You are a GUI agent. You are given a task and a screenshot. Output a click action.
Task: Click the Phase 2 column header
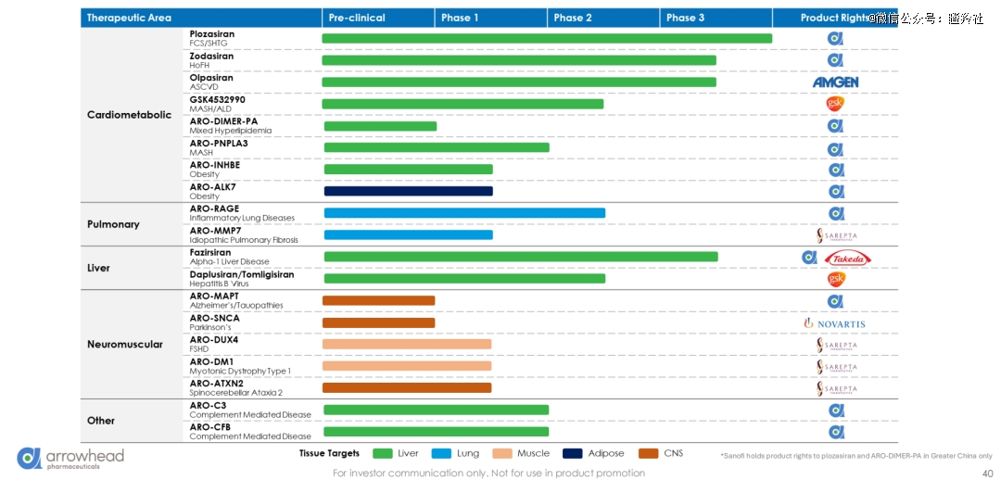click(x=573, y=18)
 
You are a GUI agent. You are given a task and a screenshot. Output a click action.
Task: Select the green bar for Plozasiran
click(x=547, y=38)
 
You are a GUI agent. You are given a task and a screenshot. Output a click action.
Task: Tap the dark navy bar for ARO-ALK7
click(x=408, y=191)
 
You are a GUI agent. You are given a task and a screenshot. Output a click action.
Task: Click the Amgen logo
click(x=835, y=82)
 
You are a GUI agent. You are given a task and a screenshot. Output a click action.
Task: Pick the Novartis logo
click(x=834, y=323)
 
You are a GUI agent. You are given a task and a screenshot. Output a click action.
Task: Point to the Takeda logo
click(x=847, y=259)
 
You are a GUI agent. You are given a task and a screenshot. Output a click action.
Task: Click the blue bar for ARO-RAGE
click(x=463, y=213)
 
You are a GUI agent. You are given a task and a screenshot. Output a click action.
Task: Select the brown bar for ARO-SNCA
click(x=378, y=322)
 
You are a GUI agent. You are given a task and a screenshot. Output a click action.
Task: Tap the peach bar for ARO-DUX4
click(x=407, y=345)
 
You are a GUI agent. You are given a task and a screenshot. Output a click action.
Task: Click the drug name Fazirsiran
click(x=210, y=252)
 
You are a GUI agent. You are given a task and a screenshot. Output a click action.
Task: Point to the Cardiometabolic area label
click(x=129, y=115)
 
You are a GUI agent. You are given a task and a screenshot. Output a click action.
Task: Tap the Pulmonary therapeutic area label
click(x=113, y=224)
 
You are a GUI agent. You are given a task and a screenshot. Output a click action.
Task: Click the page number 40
click(x=987, y=473)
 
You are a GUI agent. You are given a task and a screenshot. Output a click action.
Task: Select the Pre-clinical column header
click(x=356, y=18)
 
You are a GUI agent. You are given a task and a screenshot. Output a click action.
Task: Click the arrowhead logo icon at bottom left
click(x=29, y=458)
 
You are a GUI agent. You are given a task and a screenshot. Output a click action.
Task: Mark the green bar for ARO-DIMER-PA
click(x=380, y=126)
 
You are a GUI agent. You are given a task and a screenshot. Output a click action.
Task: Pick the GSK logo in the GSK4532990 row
click(x=835, y=103)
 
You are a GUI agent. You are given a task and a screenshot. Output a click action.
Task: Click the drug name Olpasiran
click(x=211, y=78)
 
